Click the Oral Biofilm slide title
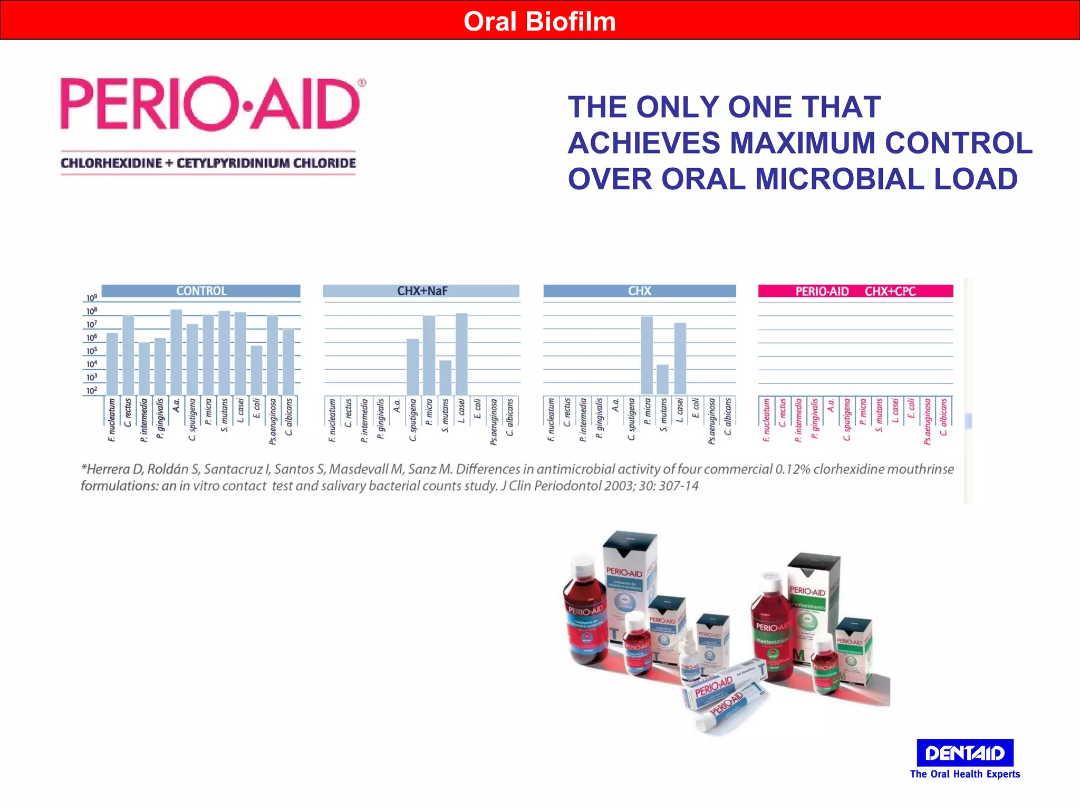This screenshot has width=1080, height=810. click(539, 22)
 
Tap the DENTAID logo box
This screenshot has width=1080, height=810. click(965, 753)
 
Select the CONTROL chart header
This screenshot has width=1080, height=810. click(201, 291)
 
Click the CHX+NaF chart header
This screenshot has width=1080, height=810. click(421, 291)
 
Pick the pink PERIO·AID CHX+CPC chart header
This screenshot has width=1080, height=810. click(855, 291)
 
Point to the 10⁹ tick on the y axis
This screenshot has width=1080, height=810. click(92, 298)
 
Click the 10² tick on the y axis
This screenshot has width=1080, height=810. click(92, 391)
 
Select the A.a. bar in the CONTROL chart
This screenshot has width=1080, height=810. click(176, 352)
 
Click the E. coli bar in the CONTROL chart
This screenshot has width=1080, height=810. click(256, 370)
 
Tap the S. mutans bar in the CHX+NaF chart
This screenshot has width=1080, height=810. click(446, 378)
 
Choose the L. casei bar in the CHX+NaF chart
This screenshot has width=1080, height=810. click(461, 354)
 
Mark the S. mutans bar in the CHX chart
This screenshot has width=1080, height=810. click(663, 380)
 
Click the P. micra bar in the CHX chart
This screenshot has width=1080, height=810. click(647, 355)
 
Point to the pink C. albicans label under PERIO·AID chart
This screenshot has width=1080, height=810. click(943, 417)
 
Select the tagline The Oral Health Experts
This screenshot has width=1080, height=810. click(965, 774)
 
